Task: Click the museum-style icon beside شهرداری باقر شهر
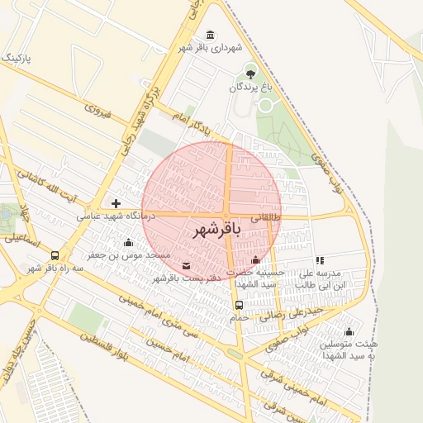211,35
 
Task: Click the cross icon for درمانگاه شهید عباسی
116,203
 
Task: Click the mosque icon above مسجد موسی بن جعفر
128,242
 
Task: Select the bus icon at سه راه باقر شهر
55,255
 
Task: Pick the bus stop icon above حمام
239,305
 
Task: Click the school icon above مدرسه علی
320,260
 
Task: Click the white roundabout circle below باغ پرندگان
265,105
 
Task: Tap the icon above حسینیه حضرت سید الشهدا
255,261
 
